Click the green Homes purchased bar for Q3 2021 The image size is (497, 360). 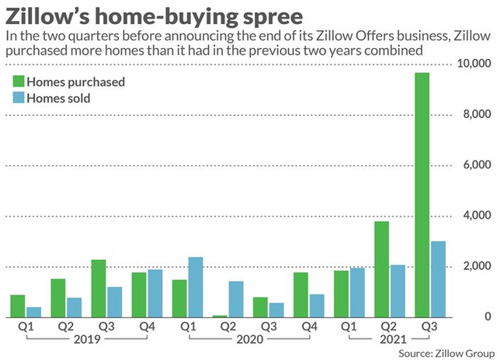[x=421, y=194]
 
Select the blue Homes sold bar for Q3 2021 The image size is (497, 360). [x=438, y=279]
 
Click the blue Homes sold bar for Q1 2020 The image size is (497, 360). [x=196, y=287]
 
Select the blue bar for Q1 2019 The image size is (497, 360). [x=34, y=312]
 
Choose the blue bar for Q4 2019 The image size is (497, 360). [x=155, y=293]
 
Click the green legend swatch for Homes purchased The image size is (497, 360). [x=19, y=81]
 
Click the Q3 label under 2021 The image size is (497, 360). [x=429, y=327]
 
